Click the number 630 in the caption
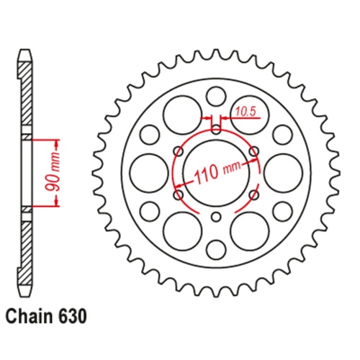point(76,315)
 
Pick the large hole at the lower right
point(248,229)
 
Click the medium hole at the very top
point(215,96)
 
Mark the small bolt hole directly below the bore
point(215,217)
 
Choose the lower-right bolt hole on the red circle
point(253,194)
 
